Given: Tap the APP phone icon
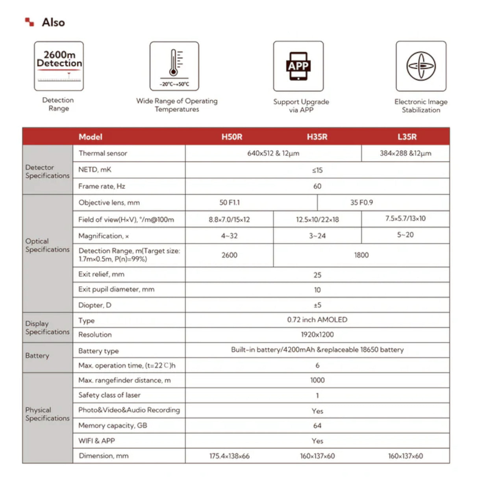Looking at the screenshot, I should coord(298,66).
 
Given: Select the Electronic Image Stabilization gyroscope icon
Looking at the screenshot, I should coord(421,66).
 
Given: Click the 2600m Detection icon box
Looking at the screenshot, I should coord(59,66).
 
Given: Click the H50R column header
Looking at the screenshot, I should coord(232,137).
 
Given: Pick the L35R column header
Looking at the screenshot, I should coord(407,137).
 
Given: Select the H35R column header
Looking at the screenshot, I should coord(317,137).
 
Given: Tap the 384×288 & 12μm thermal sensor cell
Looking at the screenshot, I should coord(405,154).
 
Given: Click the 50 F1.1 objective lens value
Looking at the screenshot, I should coord(230,202).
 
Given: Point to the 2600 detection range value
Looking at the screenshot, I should coord(229,255).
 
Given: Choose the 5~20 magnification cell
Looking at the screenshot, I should coord(405,235).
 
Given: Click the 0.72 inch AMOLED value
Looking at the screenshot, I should coord(317,320).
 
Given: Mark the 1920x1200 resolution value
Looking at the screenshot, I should coord(317,335).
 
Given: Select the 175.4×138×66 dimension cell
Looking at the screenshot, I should coord(229,456).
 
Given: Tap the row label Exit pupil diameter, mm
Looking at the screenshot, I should coord(116,289).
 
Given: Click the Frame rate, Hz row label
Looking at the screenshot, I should coord(102,186).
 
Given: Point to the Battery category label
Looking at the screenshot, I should coord(37,356).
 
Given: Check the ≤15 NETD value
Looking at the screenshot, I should coord(317,170).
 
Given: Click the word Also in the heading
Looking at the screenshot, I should coord(53,22).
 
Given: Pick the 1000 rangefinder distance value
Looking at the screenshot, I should coord(317,380).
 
